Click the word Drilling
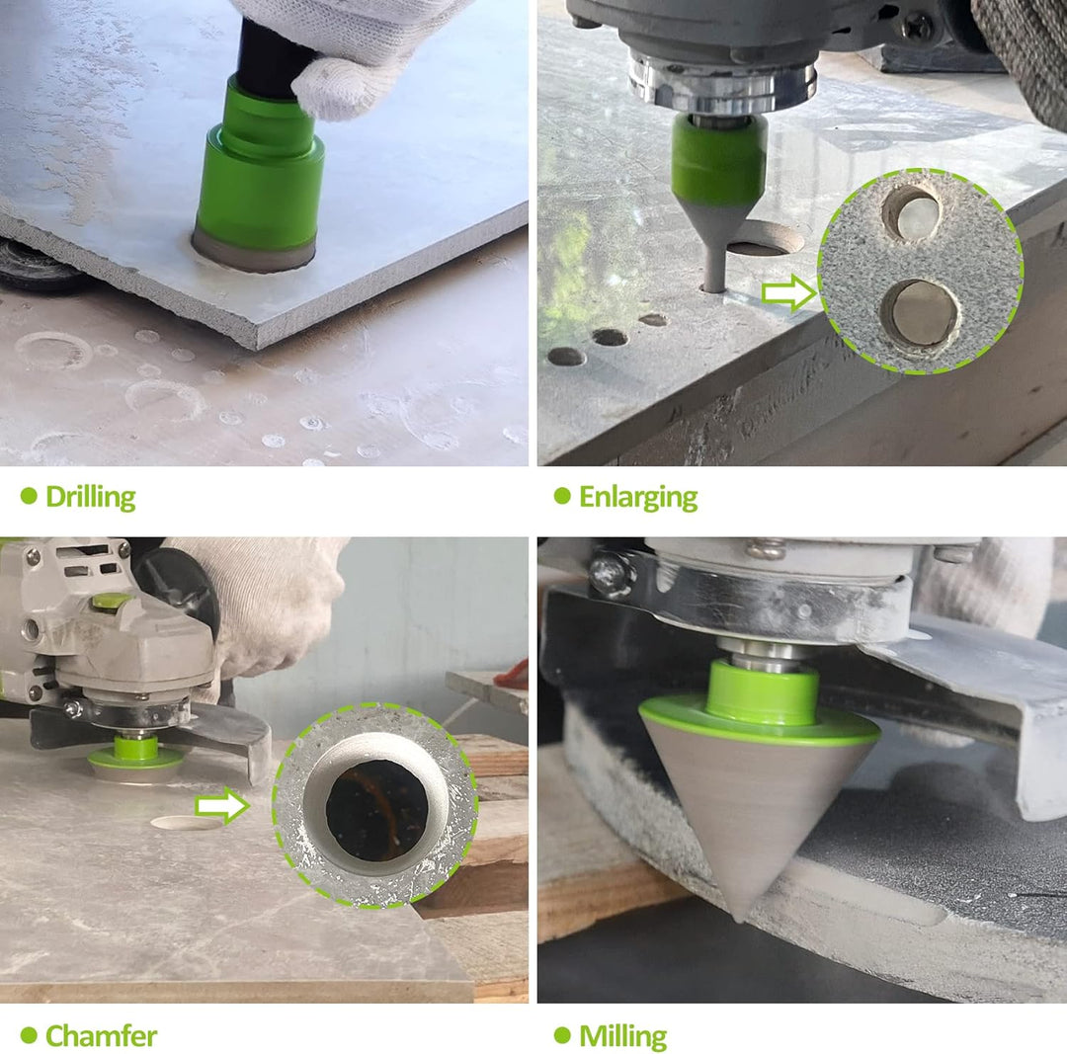pyautogui.click(x=91, y=497)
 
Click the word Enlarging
pyautogui.click(x=638, y=498)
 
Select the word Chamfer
pyautogui.click(x=102, y=1035)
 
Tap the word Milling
pyautogui.click(x=622, y=1036)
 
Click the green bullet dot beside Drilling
pyautogui.click(x=29, y=496)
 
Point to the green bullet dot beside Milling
pyautogui.click(x=562, y=1035)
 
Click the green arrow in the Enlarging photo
pyautogui.click(x=788, y=292)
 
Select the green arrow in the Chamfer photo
pyautogui.click(x=222, y=806)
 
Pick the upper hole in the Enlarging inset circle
pyautogui.click(x=913, y=213)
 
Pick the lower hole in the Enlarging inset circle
pyautogui.click(x=919, y=313)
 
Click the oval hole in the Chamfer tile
pyautogui.click(x=187, y=823)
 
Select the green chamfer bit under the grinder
pyautogui.click(x=135, y=754)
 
